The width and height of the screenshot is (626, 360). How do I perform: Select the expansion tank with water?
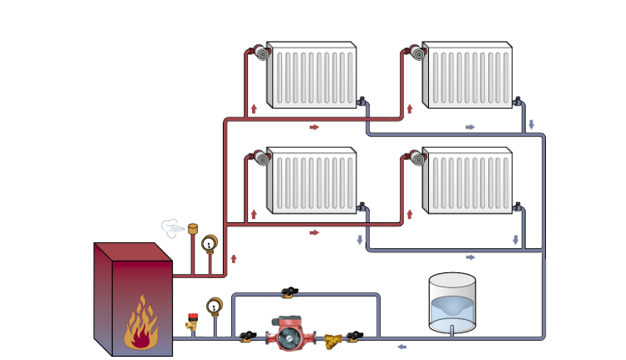tap(452, 302)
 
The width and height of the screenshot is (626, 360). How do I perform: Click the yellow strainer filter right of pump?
tap(332, 337)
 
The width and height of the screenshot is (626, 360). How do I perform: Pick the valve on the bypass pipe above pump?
tap(289, 292)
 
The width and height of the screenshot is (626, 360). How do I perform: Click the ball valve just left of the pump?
tap(247, 337)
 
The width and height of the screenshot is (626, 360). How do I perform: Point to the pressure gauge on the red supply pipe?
tap(209, 244)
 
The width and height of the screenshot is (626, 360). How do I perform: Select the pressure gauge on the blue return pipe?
tap(215, 307)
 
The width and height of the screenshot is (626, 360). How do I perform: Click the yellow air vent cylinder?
tap(193, 228)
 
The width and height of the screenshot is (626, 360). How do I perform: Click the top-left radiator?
tap(312, 75)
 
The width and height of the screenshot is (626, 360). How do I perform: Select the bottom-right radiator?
tap(467, 180)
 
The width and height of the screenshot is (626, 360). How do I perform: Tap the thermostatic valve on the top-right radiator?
tap(417, 53)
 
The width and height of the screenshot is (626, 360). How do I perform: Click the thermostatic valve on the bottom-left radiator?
tap(262, 159)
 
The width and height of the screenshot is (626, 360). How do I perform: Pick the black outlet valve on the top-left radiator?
tap(362, 102)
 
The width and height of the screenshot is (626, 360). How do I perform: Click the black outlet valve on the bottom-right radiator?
tap(518, 206)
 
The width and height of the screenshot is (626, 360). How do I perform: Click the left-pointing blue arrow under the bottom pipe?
tap(401, 347)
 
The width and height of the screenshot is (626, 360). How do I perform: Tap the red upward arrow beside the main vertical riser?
tap(234, 259)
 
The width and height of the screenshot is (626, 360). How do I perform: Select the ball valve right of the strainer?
tap(356, 337)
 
